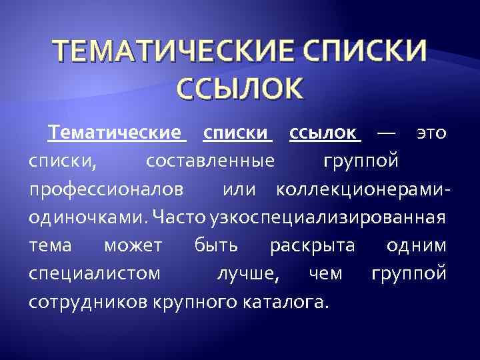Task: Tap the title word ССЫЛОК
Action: (x=239, y=89)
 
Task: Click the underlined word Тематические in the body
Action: (x=115, y=133)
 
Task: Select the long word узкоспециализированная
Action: (x=327, y=217)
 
